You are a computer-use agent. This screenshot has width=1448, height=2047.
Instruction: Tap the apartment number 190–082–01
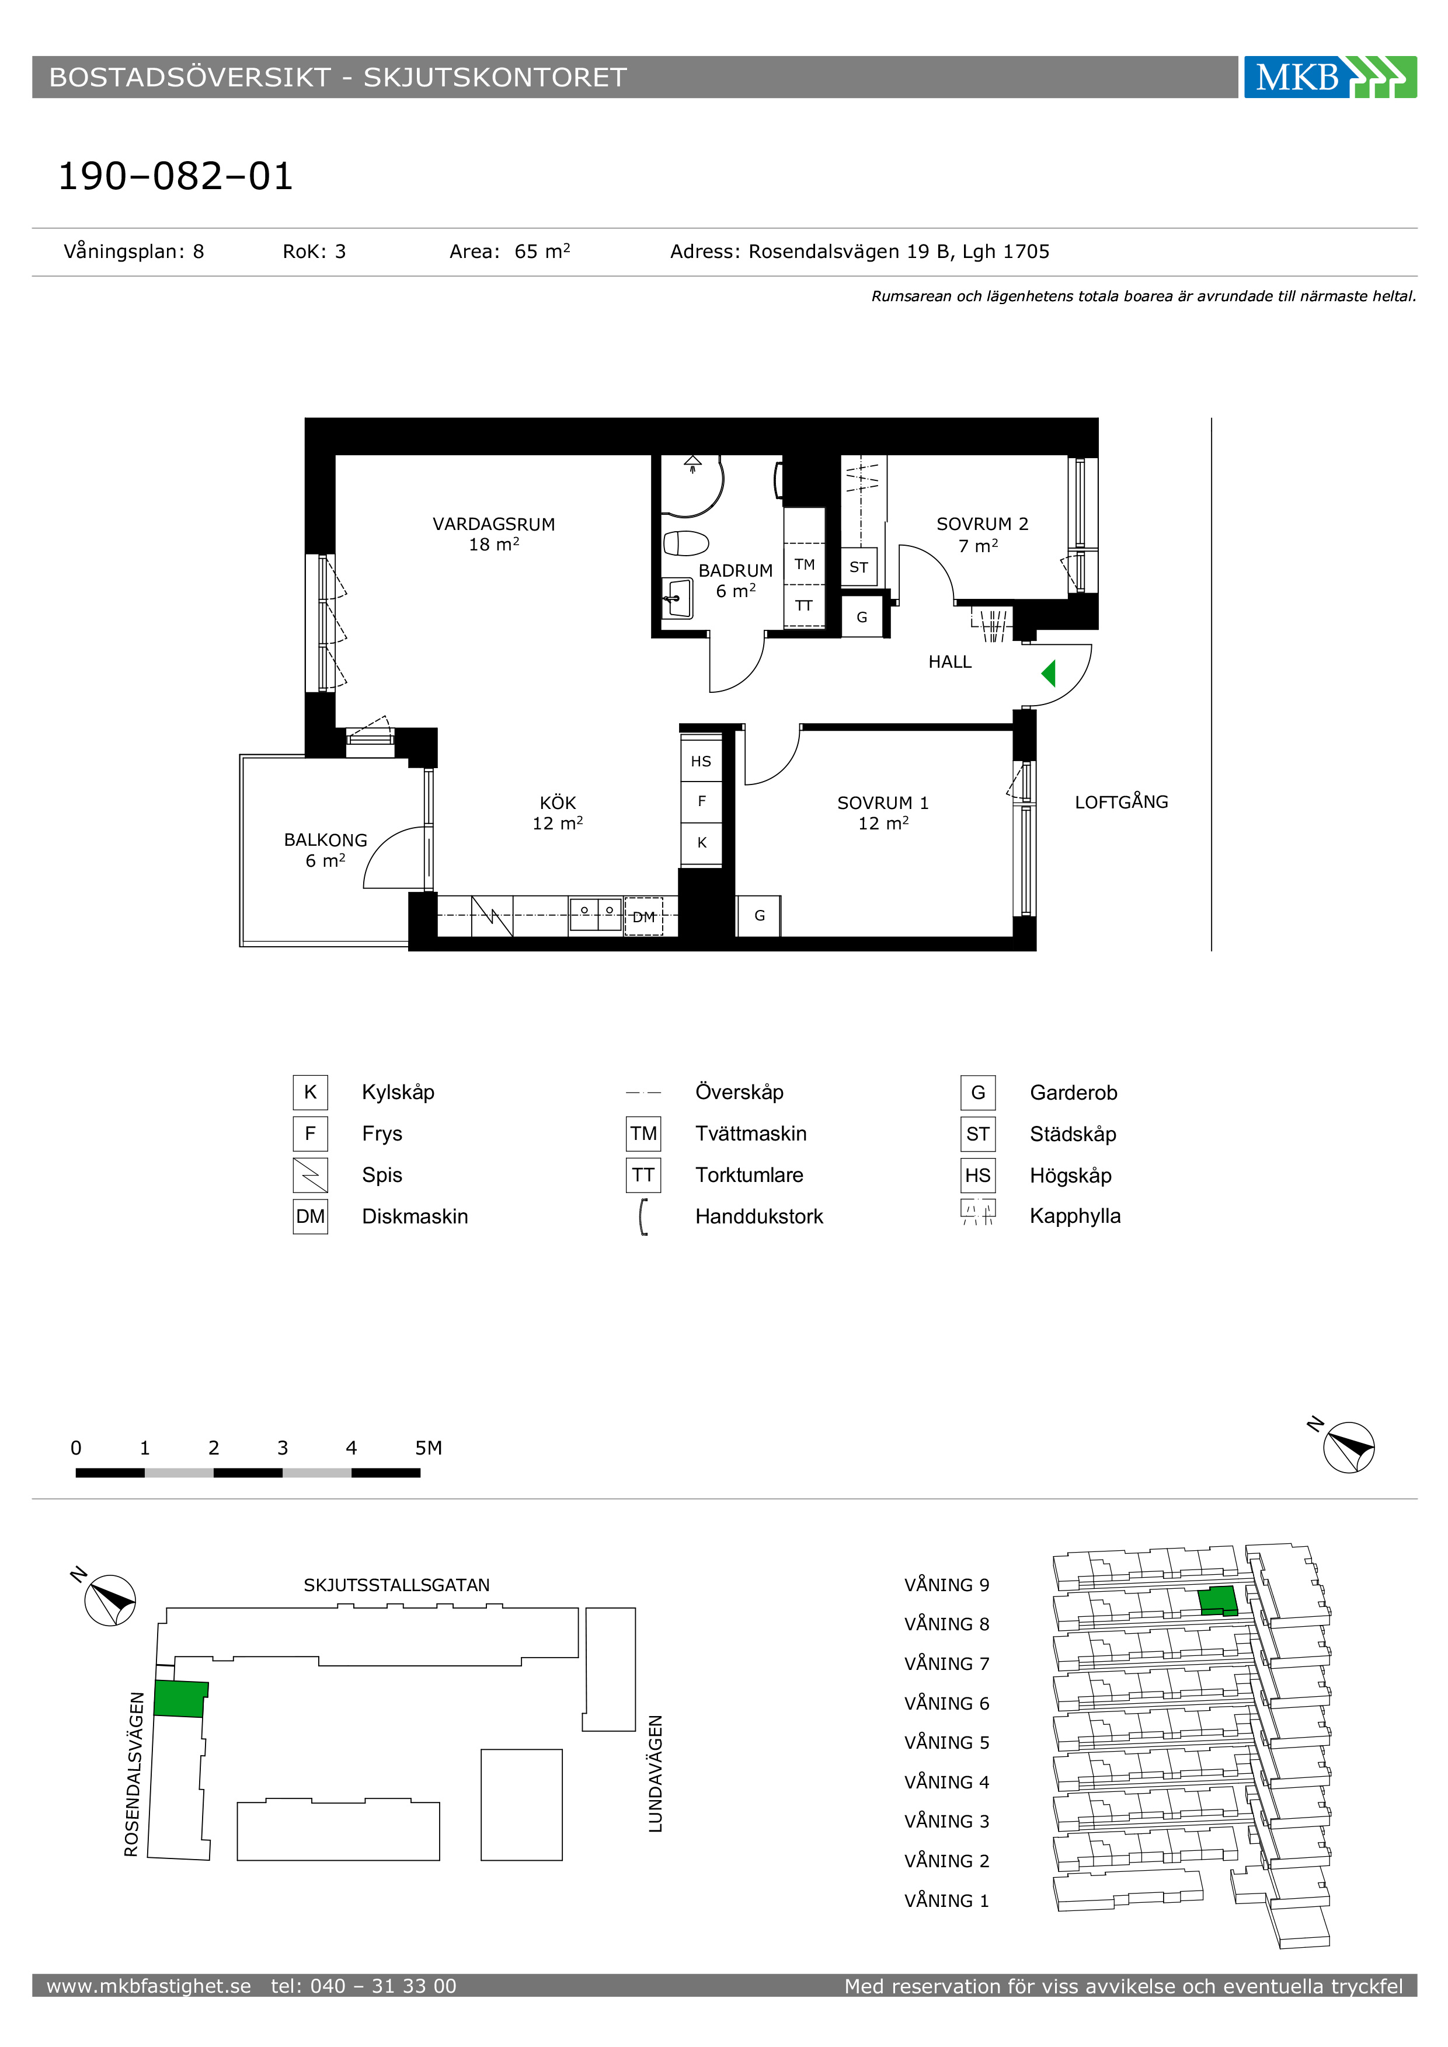[176, 176]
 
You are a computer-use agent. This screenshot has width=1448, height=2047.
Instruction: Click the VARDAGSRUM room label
[494, 524]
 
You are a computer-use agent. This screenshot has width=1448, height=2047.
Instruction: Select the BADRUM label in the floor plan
[736, 571]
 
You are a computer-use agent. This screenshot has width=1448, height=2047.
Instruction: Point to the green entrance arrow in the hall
[1049, 673]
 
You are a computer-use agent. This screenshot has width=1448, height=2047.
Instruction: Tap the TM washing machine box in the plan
[804, 564]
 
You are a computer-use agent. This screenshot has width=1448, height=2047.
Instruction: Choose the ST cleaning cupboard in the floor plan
[859, 567]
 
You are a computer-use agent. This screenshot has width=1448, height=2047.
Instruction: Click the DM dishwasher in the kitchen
[644, 916]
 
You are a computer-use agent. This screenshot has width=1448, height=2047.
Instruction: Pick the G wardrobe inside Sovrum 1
[759, 916]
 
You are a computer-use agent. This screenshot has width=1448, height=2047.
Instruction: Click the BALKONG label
[325, 840]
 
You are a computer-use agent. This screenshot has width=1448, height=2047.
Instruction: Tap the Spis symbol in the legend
[310, 1175]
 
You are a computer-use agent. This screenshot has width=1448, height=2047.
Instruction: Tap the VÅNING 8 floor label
[947, 1624]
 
